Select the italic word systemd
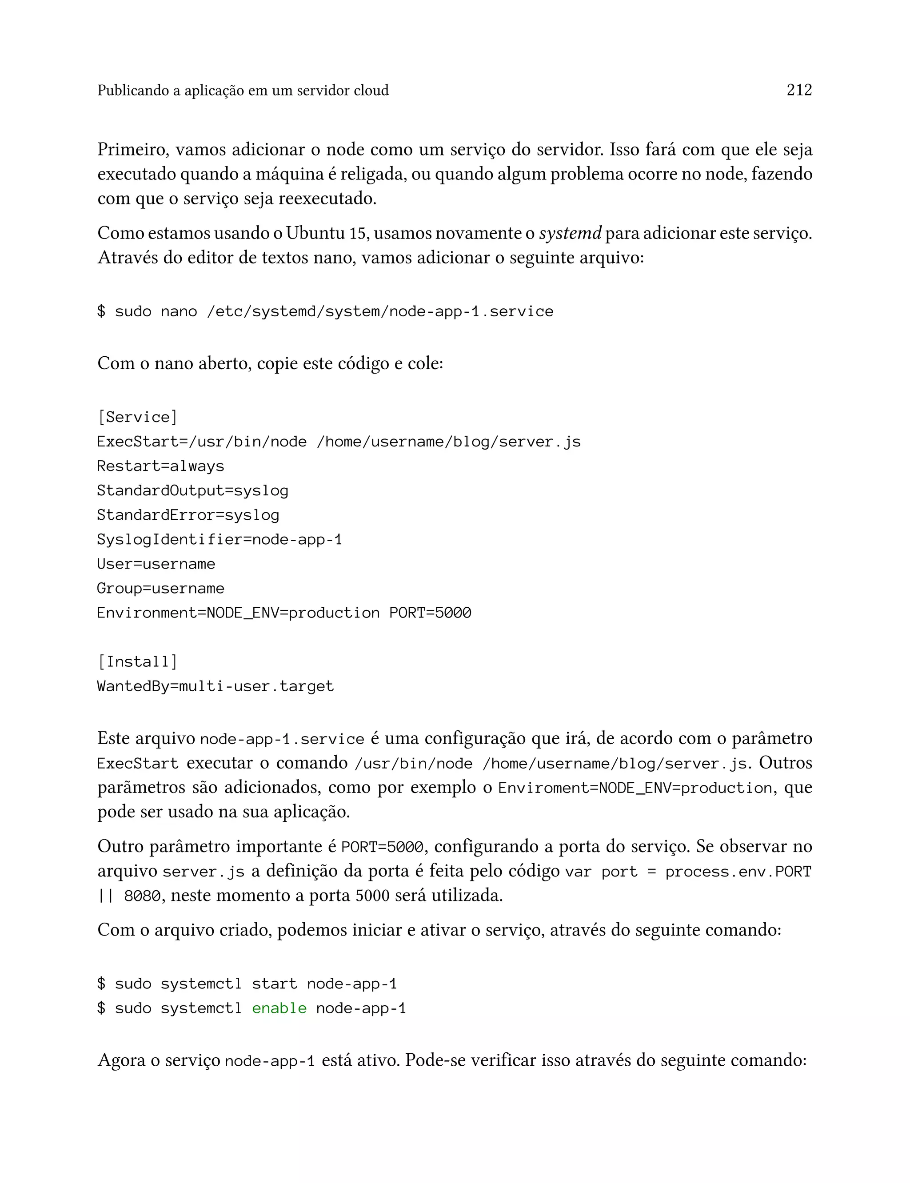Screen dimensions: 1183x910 coord(570,233)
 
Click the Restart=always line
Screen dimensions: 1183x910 coord(160,466)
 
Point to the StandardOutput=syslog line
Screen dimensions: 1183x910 coord(192,490)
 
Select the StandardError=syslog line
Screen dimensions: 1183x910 coord(188,515)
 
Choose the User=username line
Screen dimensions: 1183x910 coord(156,564)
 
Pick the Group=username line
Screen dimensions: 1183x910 coord(160,588)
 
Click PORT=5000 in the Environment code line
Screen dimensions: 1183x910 coord(430,613)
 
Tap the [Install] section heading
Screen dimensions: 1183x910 coord(137,661)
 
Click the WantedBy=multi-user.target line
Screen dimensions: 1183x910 coord(215,686)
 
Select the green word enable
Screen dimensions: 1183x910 coord(279,1008)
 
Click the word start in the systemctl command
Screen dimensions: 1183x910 coord(274,984)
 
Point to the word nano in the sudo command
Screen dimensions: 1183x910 coord(179,311)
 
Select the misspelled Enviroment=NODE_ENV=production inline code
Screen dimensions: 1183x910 coord(635,788)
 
